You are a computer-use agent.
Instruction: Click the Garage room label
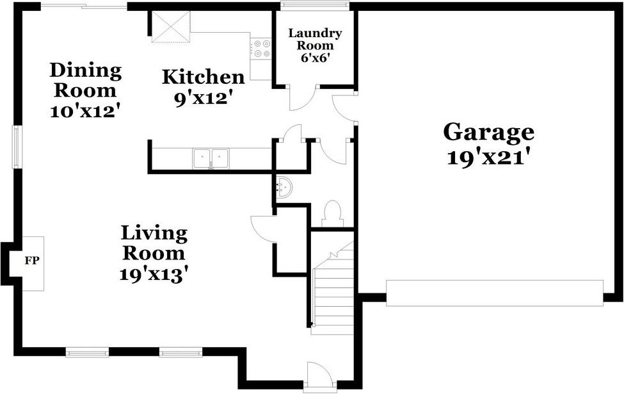[489, 133]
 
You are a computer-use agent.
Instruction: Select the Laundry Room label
[315, 39]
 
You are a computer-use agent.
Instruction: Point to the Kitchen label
[203, 78]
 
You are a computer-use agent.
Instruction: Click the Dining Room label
[86, 79]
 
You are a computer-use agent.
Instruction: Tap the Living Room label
[154, 242]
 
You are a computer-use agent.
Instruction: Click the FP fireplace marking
[30, 261]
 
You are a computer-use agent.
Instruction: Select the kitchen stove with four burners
[261, 49]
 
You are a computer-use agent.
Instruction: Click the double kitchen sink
[211, 157]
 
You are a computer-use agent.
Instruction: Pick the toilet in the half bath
[332, 214]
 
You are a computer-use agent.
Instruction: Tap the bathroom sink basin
[284, 187]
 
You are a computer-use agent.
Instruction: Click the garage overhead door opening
[494, 292]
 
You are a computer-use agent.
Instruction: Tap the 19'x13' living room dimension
[154, 274]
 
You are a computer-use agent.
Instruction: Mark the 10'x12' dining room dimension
[86, 110]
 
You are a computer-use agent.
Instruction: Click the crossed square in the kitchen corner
[172, 26]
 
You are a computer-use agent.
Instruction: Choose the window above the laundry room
[315, 7]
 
